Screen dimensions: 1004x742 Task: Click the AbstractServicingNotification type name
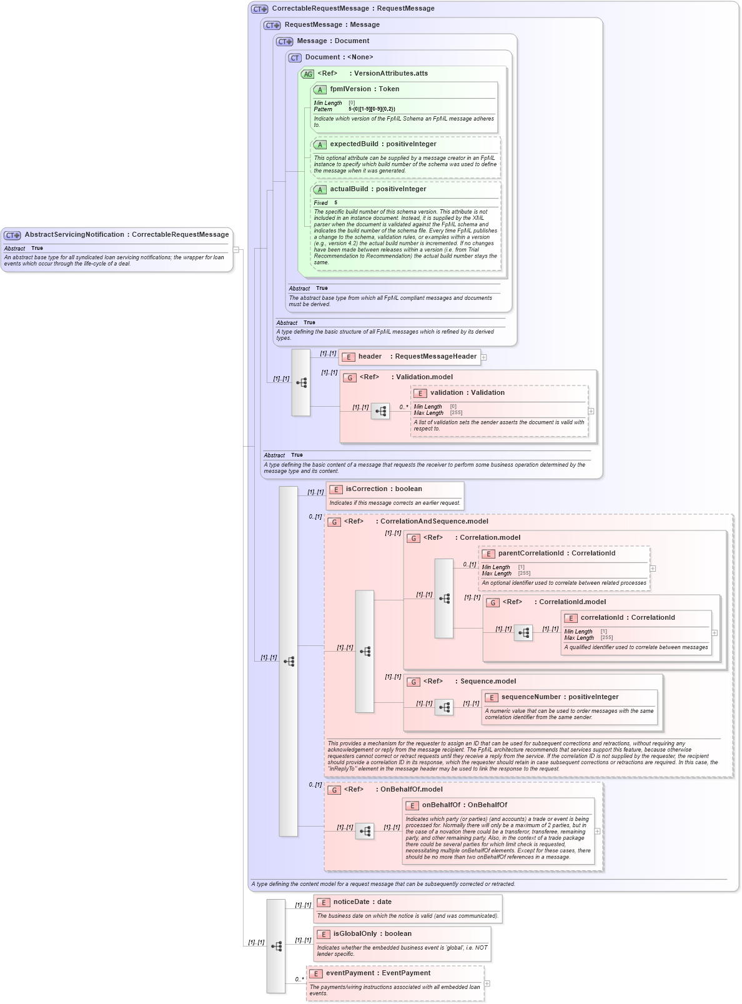(x=126, y=235)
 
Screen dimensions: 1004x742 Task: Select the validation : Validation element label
(x=467, y=393)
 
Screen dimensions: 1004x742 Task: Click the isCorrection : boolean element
(x=383, y=489)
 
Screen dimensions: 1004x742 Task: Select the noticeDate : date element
(x=362, y=902)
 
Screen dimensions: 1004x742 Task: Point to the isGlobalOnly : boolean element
(x=372, y=934)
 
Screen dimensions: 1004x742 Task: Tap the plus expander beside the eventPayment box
(x=487, y=983)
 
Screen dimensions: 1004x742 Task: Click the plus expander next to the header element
(x=483, y=357)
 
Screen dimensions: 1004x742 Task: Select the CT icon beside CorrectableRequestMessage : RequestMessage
(x=259, y=9)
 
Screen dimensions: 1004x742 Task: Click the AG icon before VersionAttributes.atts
(x=307, y=74)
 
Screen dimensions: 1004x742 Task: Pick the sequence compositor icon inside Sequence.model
(x=444, y=707)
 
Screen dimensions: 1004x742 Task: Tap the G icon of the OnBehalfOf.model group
(x=334, y=790)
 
